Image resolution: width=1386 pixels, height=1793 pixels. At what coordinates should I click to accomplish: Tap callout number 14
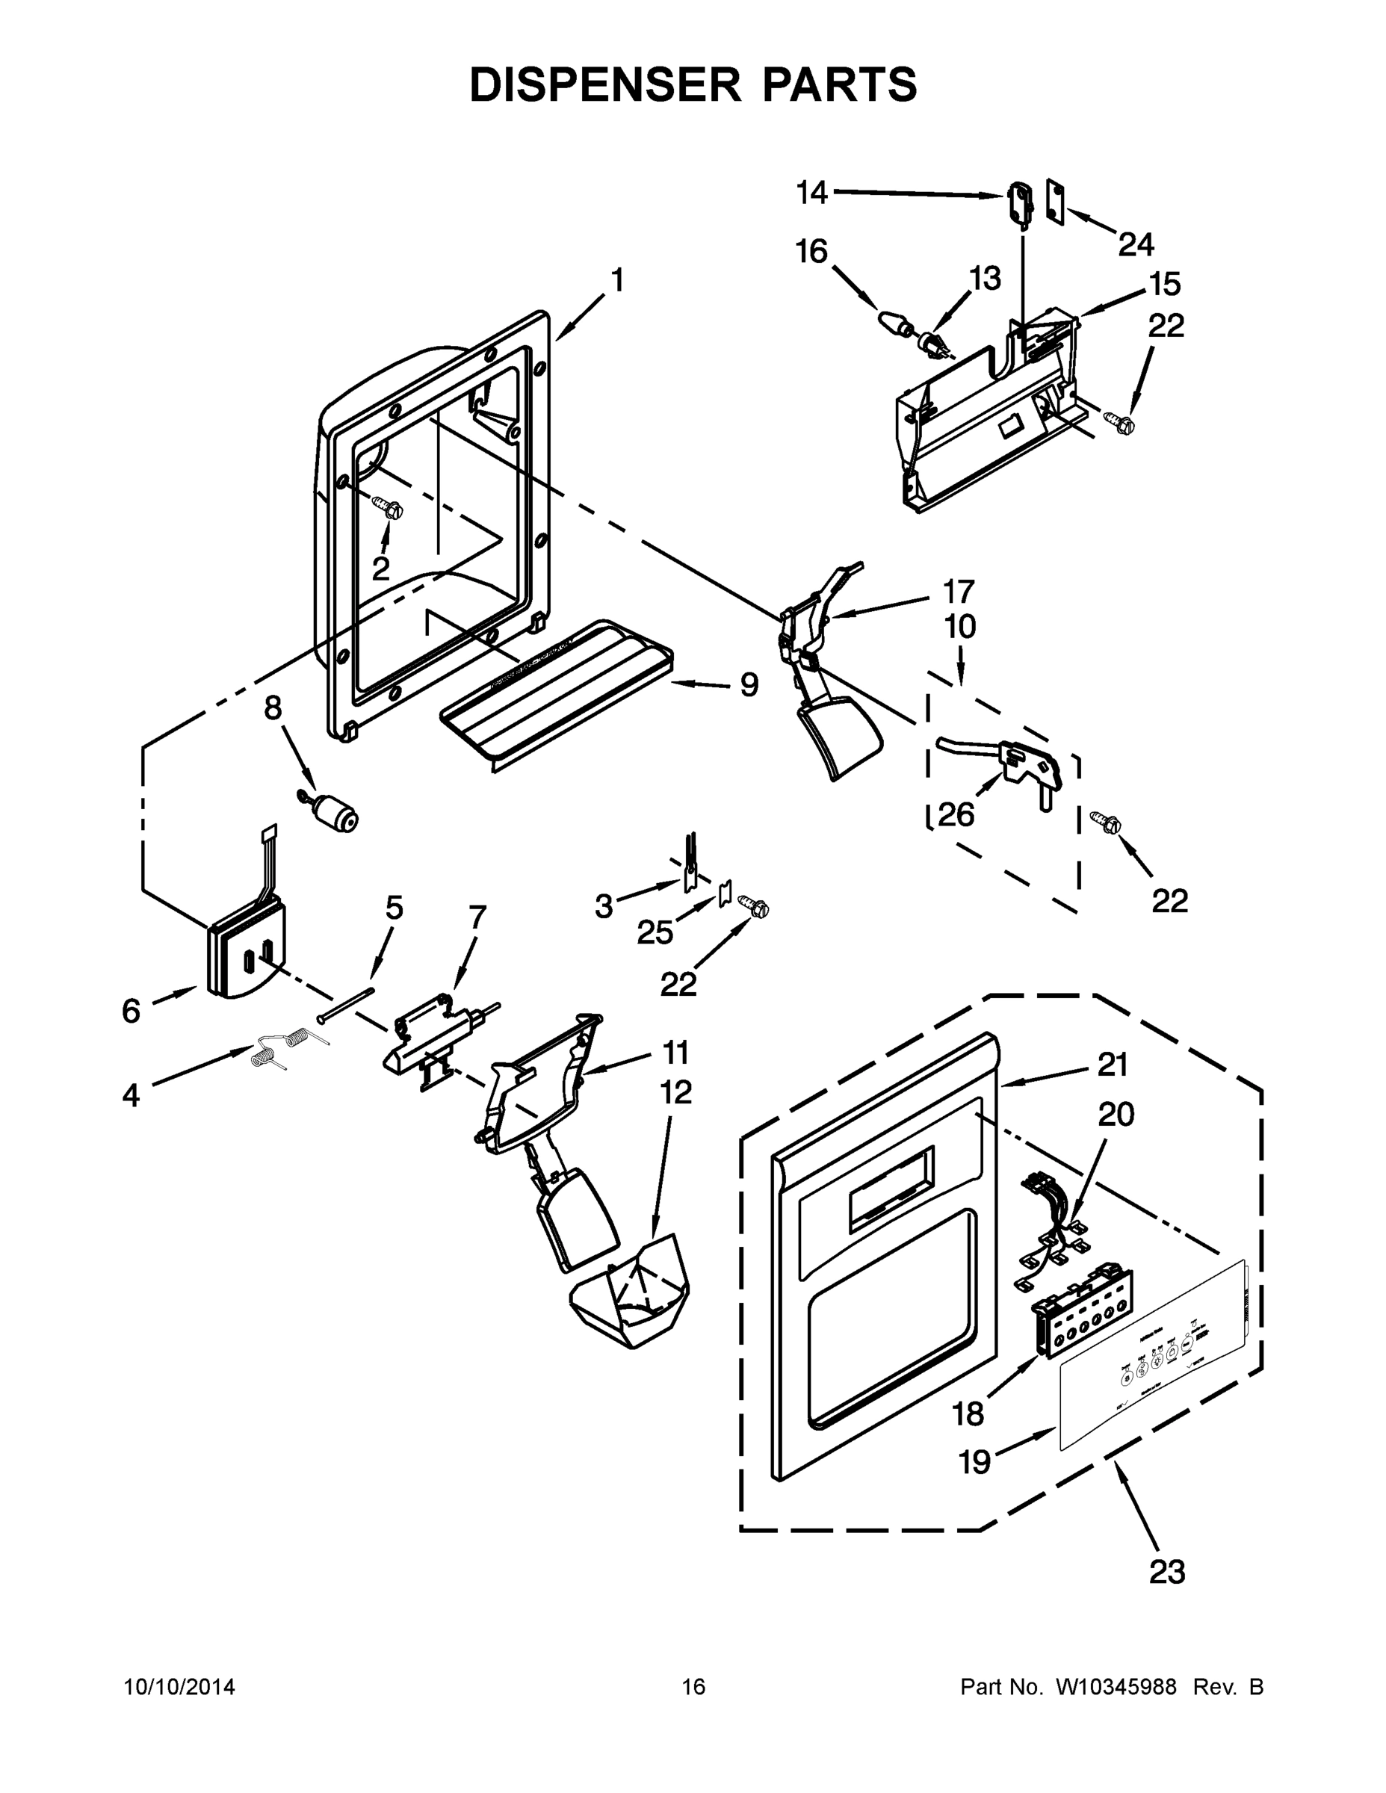click(x=812, y=193)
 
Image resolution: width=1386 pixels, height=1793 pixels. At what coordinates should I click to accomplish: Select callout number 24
click(x=1136, y=244)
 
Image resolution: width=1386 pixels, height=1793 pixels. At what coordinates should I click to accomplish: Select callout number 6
click(x=132, y=1011)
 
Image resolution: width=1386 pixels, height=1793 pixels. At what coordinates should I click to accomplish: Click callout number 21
click(x=1113, y=1065)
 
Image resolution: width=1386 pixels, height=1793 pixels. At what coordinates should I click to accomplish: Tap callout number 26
click(x=956, y=815)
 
